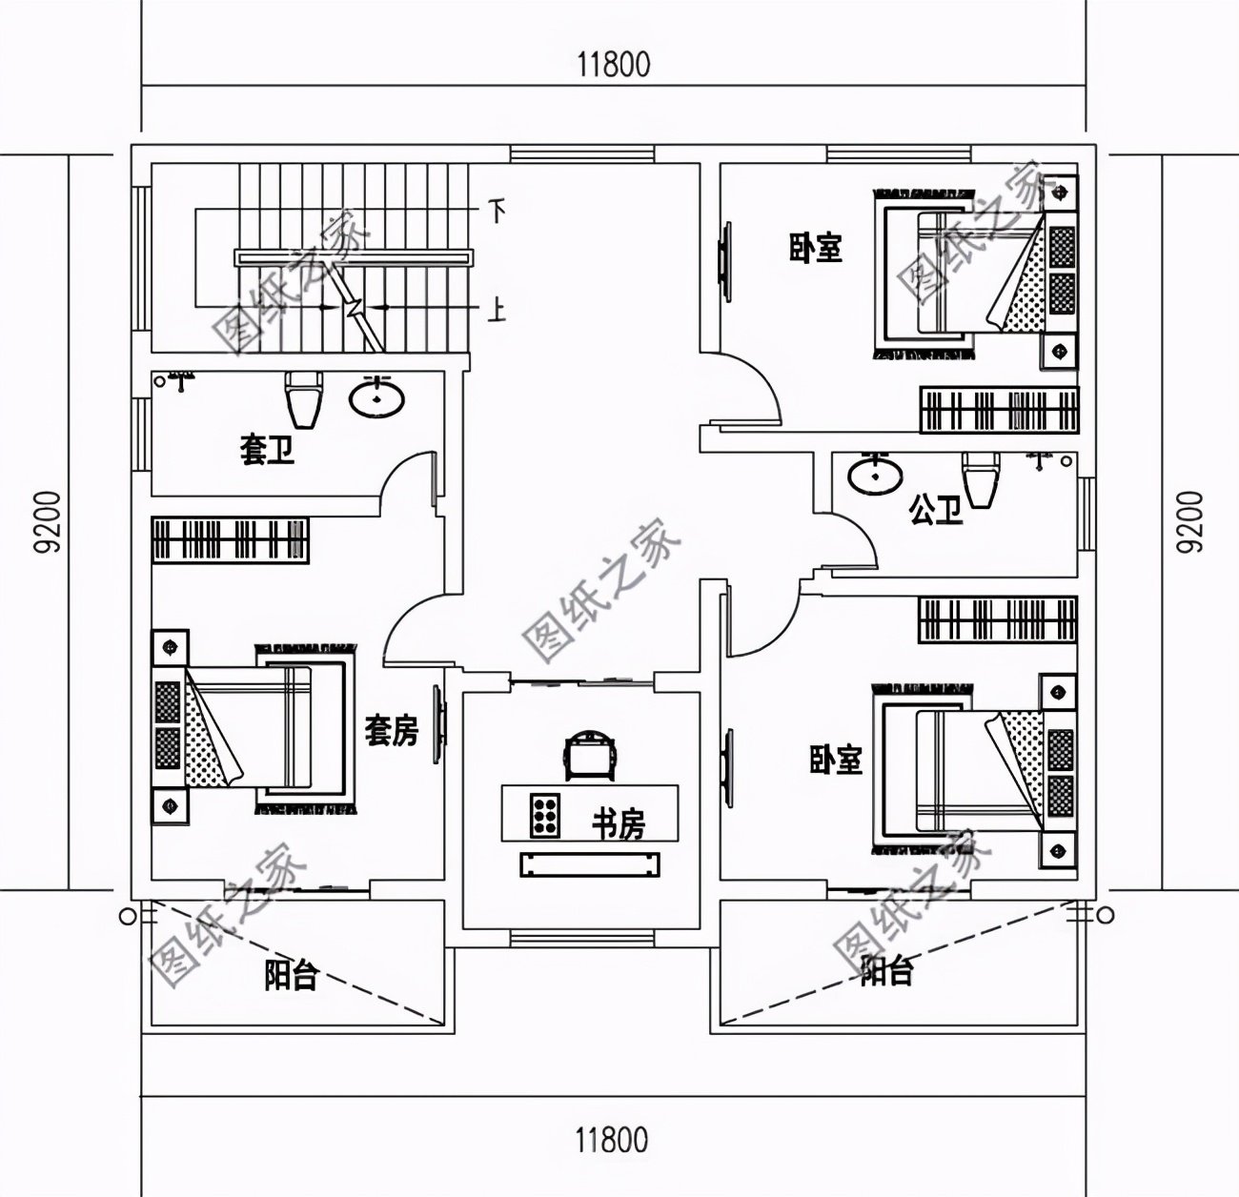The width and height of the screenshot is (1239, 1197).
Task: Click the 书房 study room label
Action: click(x=619, y=824)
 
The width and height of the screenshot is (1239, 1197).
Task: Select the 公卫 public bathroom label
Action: click(x=935, y=512)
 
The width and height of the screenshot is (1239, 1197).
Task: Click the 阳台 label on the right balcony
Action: click(x=886, y=971)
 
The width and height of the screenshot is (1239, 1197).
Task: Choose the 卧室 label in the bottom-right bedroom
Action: click(x=836, y=759)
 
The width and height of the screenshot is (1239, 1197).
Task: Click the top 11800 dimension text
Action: click(x=613, y=65)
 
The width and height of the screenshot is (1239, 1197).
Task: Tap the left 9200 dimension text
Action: click(x=46, y=521)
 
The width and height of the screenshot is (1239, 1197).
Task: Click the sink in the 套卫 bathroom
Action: click(x=378, y=398)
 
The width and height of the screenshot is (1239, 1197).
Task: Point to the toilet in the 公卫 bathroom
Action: click(x=981, y=482)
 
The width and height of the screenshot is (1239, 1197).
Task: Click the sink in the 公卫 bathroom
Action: click(x=875, y=477)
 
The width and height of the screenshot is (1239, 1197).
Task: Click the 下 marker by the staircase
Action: click(x=496, y=210)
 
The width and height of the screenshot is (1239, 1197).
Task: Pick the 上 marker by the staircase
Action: click(x=496, y=312)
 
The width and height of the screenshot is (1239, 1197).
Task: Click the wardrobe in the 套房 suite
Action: click(x=230, y=539)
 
